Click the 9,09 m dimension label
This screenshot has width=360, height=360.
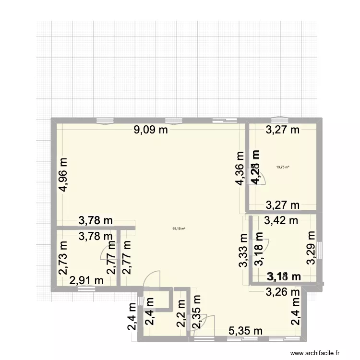tap(151, 129)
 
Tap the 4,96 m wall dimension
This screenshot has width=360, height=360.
tap(63, 174)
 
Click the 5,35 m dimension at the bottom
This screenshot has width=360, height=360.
tap(245, 331)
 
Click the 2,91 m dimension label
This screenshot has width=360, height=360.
tap(86, 280)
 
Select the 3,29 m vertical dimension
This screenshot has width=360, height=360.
tap(312, 247)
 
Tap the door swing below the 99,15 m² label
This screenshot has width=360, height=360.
tap(153, 279)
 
